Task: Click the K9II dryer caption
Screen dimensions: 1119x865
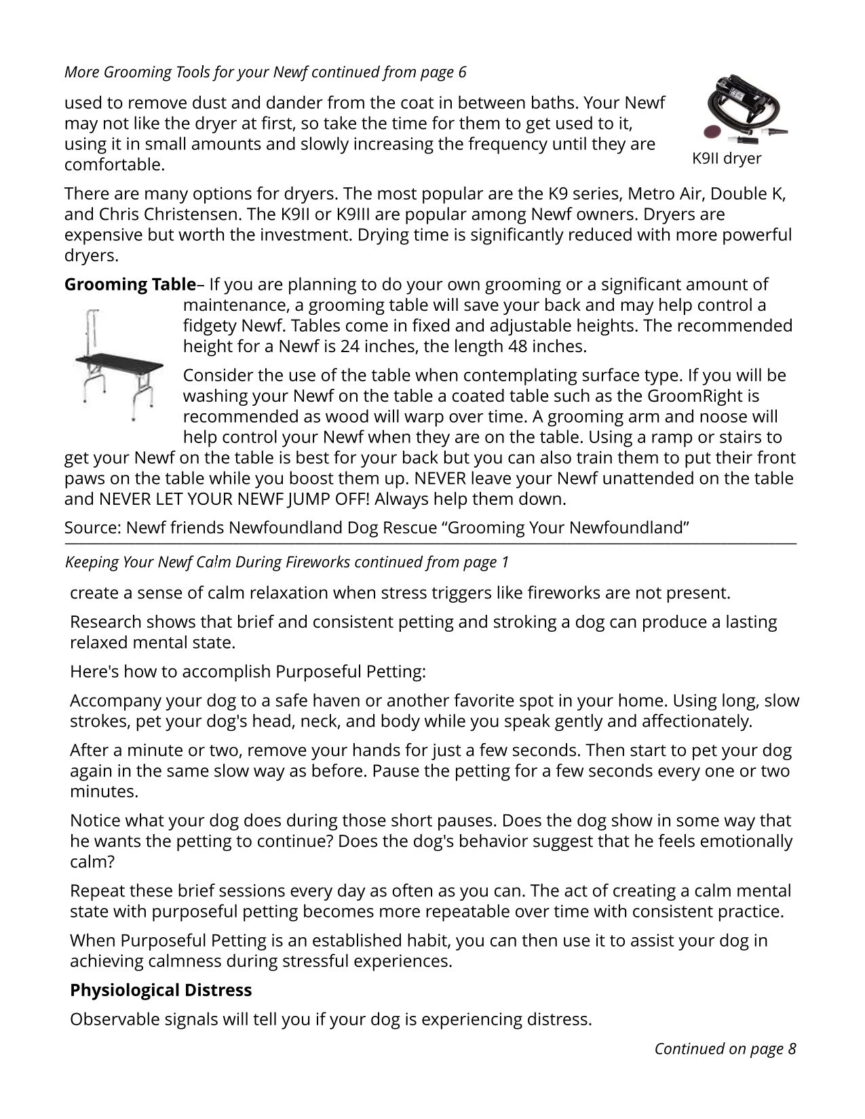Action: (x=726, y=159)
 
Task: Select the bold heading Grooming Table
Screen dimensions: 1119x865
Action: (x=130, y=284)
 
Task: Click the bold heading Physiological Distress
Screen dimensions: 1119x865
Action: (x=161, y=990)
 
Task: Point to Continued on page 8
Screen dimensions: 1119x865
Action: (x=725, y=1048)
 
